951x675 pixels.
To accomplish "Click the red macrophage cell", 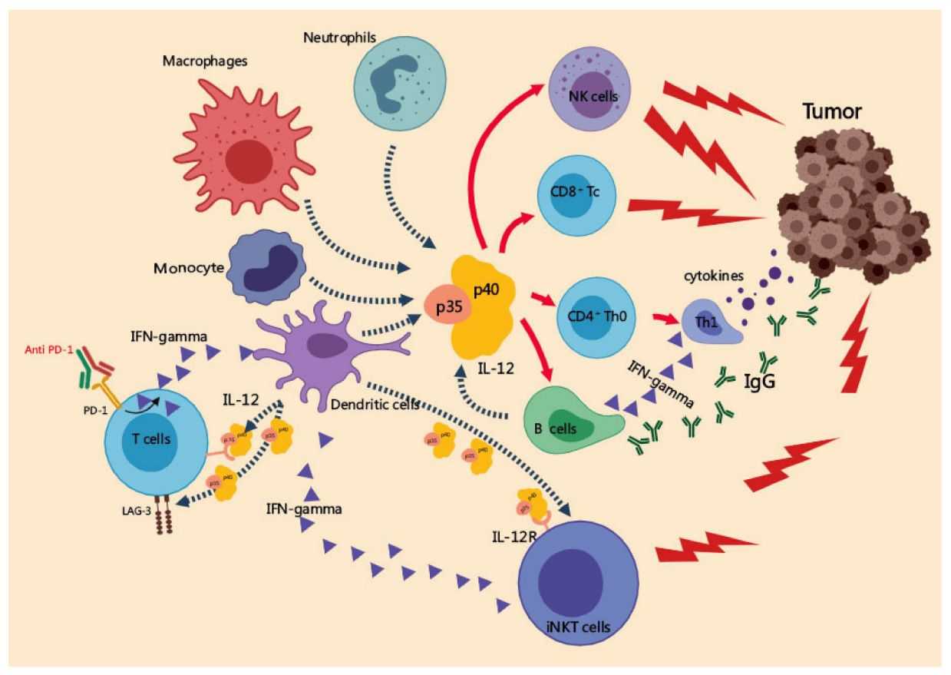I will point(248,147).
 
